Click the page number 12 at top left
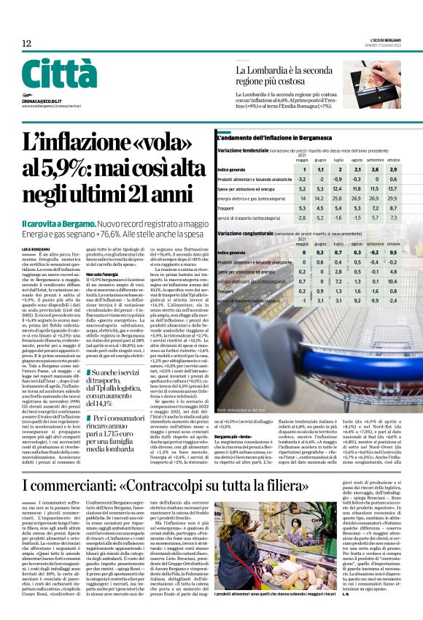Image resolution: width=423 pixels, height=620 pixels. [x=26, y=44]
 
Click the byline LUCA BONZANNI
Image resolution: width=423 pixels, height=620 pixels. [x=36, y=249]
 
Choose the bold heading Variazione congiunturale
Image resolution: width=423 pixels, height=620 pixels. [x=247, y=234]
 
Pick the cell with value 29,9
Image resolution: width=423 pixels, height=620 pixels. [x=394, y=197]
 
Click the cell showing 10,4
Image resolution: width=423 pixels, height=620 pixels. [x=394, y=280]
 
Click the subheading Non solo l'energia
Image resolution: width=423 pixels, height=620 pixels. [x=102, y=273]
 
